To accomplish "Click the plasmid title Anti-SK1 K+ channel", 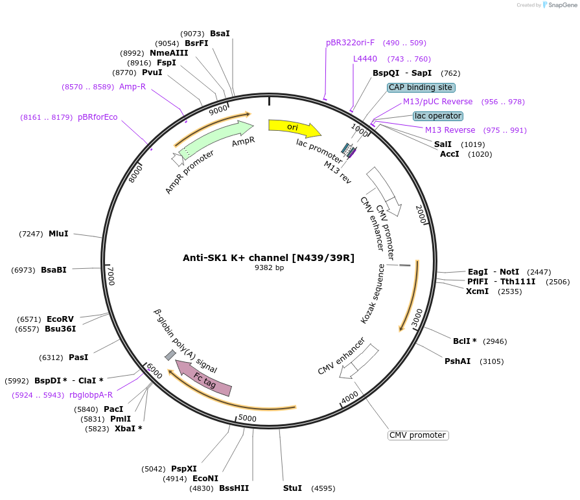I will [x=268, y=257].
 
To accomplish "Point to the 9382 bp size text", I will [x=269, y=267].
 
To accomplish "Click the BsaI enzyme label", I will [x=220, y=33].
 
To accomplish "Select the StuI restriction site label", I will [x=293, y=488].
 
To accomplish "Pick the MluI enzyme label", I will [x=58, y=233].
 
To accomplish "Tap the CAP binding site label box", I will [x=421, y=87].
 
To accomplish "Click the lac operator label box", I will [x=438, y=116].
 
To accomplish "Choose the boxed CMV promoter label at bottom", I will [x=418, y=435].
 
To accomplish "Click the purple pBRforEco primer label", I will [x=98, y=117].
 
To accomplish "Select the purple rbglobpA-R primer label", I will [x=91, y=394].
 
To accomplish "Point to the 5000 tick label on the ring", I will [x=248, y=418].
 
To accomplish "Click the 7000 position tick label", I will [x=111, y=276].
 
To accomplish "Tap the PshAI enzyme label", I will [x=458, y=361].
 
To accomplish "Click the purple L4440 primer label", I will [x=365, y=59].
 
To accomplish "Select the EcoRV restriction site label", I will [x=60, y=319].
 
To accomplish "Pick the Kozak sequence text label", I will [x=373, y=295].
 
